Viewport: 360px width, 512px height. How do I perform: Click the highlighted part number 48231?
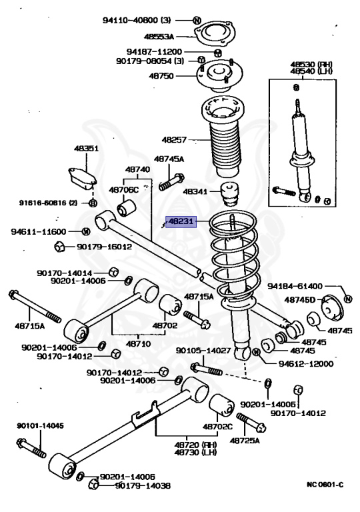click(181, 222)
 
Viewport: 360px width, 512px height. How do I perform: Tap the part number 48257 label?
click(174, 140)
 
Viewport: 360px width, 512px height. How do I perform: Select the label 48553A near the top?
click(159, 36)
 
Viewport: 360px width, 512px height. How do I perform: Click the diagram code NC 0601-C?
click(325, 484)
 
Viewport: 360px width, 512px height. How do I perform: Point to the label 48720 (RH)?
click(195, 445)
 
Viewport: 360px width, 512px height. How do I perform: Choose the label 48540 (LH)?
click(311, 71)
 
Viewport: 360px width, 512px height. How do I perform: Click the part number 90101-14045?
click(40, 426)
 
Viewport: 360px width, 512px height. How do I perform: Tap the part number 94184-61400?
click(295, 286)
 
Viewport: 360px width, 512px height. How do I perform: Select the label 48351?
click(86, 148)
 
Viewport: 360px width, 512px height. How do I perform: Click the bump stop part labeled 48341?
click(230, 193)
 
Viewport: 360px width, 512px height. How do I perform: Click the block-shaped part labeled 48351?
click(82, 178)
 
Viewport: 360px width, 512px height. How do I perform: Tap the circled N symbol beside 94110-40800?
click(197, 20)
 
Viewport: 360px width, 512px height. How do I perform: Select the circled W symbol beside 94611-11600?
click(85, 231)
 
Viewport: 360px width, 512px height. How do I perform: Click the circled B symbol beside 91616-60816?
click(93, 203)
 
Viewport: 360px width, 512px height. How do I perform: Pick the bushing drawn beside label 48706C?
click(126, 208)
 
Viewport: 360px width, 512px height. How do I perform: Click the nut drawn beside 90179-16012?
click(59, 247)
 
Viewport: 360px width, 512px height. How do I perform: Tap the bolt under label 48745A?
click(172, 182)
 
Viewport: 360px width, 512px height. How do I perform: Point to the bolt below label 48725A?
click(251, 423)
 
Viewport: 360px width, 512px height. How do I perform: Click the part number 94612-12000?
click(306, 364)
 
